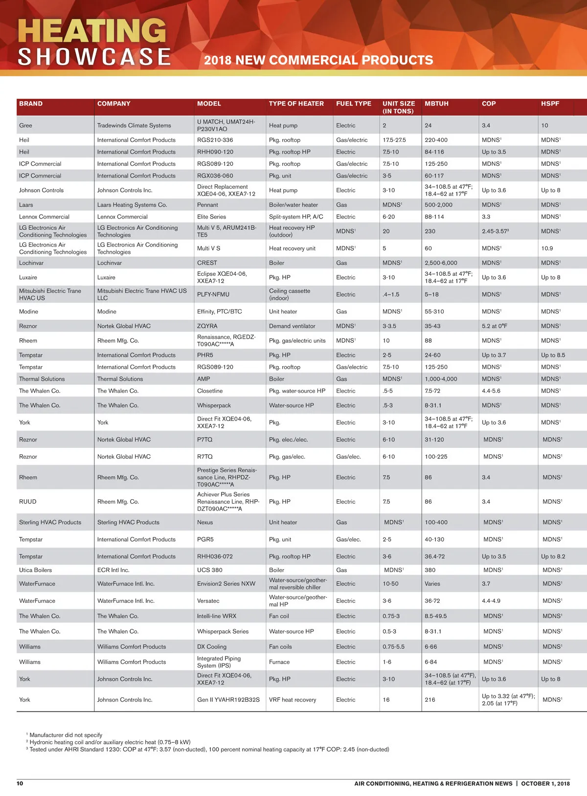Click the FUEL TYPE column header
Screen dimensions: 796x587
[353, 104]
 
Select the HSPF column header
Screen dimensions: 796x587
[550, 104]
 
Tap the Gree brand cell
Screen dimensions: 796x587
[25, 126]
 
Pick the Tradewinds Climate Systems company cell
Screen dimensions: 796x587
[134, 126]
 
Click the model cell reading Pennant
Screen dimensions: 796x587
[207, 205]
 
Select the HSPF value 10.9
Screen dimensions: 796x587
[547, 248]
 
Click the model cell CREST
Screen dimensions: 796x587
[207, 263]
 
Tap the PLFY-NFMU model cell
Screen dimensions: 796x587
[213, 294]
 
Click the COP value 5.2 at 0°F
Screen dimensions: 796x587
[495, 326]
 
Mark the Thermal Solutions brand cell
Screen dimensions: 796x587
[42, 379]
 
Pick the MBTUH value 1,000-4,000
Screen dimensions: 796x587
[441, 379]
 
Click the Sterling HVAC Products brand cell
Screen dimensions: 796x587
[50, 522]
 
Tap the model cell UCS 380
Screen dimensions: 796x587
[209, 570]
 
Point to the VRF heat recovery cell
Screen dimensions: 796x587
[293, 700]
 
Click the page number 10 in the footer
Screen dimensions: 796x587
[20, 783]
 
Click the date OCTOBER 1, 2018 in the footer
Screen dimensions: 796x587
[545, 783]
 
